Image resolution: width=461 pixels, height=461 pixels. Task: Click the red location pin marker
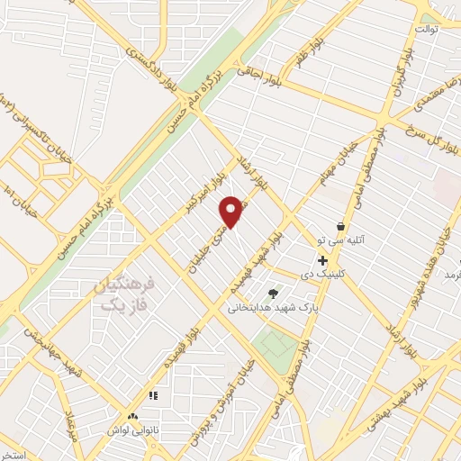(x=231, y=212)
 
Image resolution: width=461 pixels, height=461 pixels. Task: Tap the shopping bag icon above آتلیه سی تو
(x=340, y=226)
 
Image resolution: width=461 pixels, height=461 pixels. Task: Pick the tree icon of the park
(x=273, y=293)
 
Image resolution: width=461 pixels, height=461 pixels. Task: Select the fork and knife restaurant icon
(x=153, y=395)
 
